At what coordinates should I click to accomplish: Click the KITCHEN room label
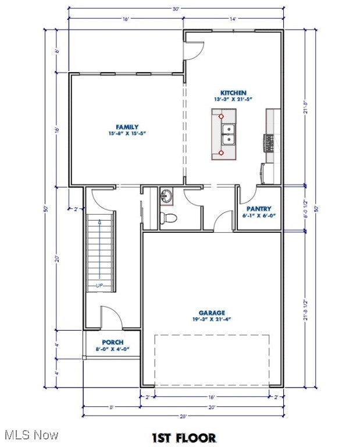[233, 93]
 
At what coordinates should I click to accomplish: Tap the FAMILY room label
[127, 126]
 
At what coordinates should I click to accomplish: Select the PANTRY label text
[259, 208]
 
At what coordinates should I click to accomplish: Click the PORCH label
[112, 342]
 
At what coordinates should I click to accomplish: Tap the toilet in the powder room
[169, 218]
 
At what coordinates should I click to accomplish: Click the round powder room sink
[167, 196]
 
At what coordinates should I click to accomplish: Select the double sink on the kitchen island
[229, 134]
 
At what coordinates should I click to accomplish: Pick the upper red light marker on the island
[221, 116]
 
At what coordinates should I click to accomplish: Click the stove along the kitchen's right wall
[269, 141]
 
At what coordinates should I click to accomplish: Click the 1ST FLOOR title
[184, 437]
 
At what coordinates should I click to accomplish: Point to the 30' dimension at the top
[175, 8]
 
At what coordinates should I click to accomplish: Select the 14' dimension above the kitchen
[233, 19]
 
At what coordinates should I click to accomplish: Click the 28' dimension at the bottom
[183, 416]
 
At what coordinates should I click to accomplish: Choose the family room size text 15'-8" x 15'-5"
[127, 133]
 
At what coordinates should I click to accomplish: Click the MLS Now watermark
[30, 435]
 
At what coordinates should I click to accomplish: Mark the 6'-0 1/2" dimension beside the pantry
[305, 208]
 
